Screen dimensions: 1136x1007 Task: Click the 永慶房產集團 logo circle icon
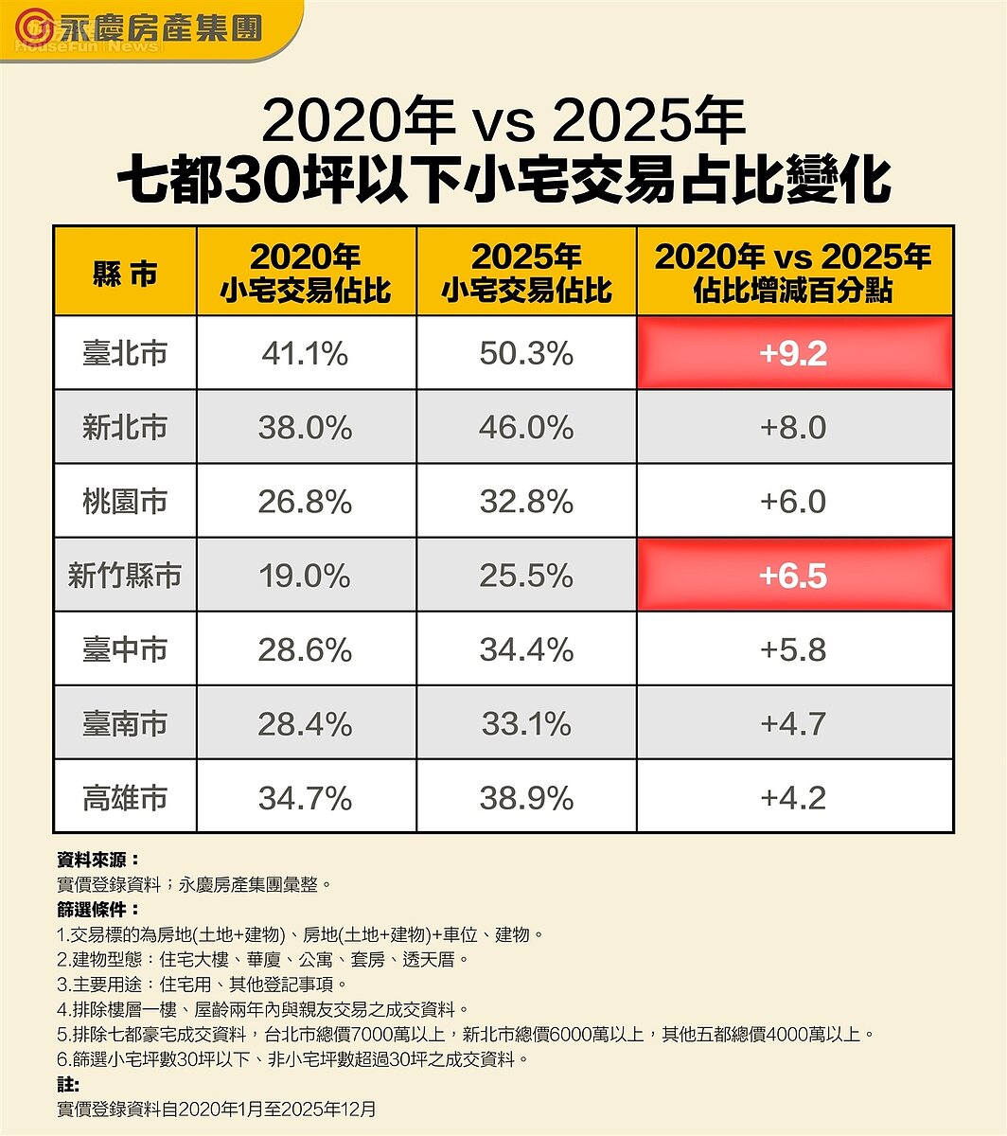pyautogui.click(x=35, y=27)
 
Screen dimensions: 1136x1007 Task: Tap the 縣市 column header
pyautogui.click(x=125, y=273)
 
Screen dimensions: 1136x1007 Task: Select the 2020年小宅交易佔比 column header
pyautogui.click(x=306, y=273)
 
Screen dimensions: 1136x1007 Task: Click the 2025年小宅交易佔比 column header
pyautogui.click(x=526, y=273)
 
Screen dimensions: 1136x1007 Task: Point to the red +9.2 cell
pyautogui.click(x=794, y=353)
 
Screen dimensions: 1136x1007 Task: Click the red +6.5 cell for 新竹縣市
pyautogui.click(x=794, y=576)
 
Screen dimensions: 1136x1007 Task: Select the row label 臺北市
pyautogui.click(x=125, y=353)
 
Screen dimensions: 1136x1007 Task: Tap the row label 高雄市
pyautogui.click(x=125, y=798)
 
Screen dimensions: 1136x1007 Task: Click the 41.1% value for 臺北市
pyautogui.click(x=306, y=353)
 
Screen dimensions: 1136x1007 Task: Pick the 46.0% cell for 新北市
pyautogui.click(x=526, y=427)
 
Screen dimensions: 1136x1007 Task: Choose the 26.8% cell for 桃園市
pyautogui.click(x=306, y=501)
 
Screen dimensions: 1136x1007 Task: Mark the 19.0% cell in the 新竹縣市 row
pyautogui.click(x=306, y=576)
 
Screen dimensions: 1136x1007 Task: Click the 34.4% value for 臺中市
pyautogui.click(x=526, y=649)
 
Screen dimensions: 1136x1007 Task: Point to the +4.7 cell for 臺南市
pyautogui.click(x=794, y=724)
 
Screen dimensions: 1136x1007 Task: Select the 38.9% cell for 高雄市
pyautogui.click(x=526, y=798)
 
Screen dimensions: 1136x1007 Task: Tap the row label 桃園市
pyautogui.click(x=125, y=501)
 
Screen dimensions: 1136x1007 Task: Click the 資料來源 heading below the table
pyautogui.click(x=97, y=861)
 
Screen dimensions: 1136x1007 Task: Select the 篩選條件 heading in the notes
pyautogui.click(x=97, y=910)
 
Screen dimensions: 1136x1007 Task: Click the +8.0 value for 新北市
pyautogui.click(x=794, y=427)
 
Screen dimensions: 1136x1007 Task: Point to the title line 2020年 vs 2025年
pyautogui.click(x=503, y=121)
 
